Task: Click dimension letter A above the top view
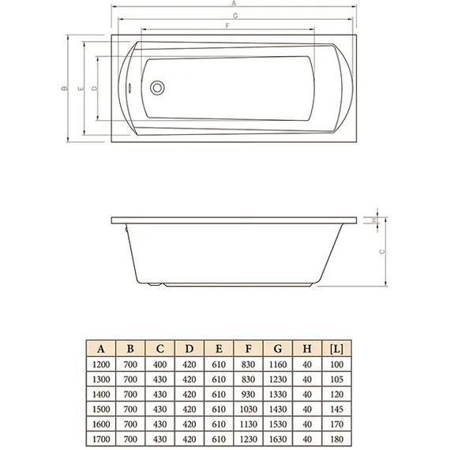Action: click(234, 6)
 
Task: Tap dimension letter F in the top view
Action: click(228, 28)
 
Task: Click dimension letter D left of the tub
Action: click(95, 88)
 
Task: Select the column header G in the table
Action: click(278, 349)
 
